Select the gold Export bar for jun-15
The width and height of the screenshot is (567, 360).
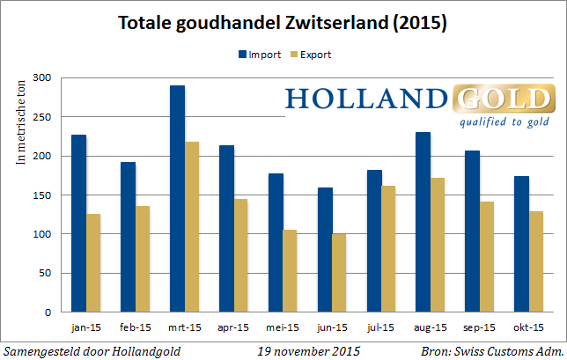coord(340,273)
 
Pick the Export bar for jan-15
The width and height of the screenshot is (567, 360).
coord(92,263)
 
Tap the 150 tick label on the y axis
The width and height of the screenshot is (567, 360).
coord(43,195)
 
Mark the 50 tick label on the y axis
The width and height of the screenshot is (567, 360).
coord(46,274)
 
